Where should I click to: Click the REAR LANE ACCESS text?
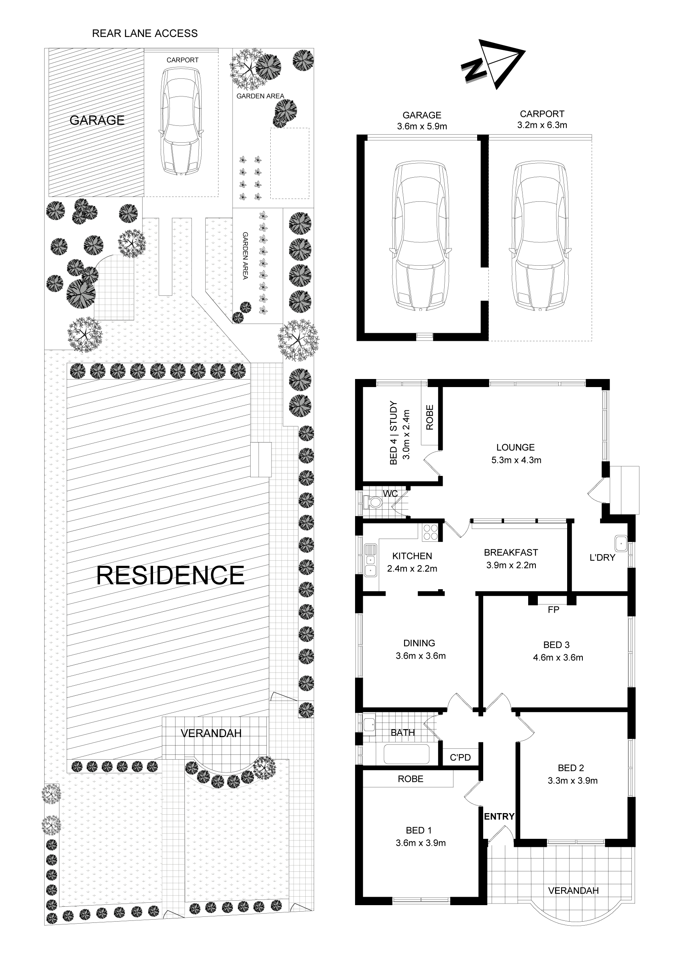click(145, 33)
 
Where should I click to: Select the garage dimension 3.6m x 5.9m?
click(422, 126)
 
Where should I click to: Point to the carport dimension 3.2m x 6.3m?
click(542, 125)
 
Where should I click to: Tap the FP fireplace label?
click(553, 609)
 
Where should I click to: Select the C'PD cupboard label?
click(460, 757)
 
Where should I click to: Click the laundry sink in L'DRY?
click(621, 543)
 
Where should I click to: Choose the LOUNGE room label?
click(516, 447)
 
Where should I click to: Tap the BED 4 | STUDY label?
click(393, 433)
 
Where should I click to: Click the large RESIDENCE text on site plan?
click(170, 576)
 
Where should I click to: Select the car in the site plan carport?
click(182, 121)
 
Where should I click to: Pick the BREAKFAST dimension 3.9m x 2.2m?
click(511, 565)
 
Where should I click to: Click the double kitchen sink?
click(370, 560)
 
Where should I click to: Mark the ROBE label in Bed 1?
click(410, 779)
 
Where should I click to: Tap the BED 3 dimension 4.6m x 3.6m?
click(558, 658)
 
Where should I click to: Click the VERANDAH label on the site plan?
click(211, 733)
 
